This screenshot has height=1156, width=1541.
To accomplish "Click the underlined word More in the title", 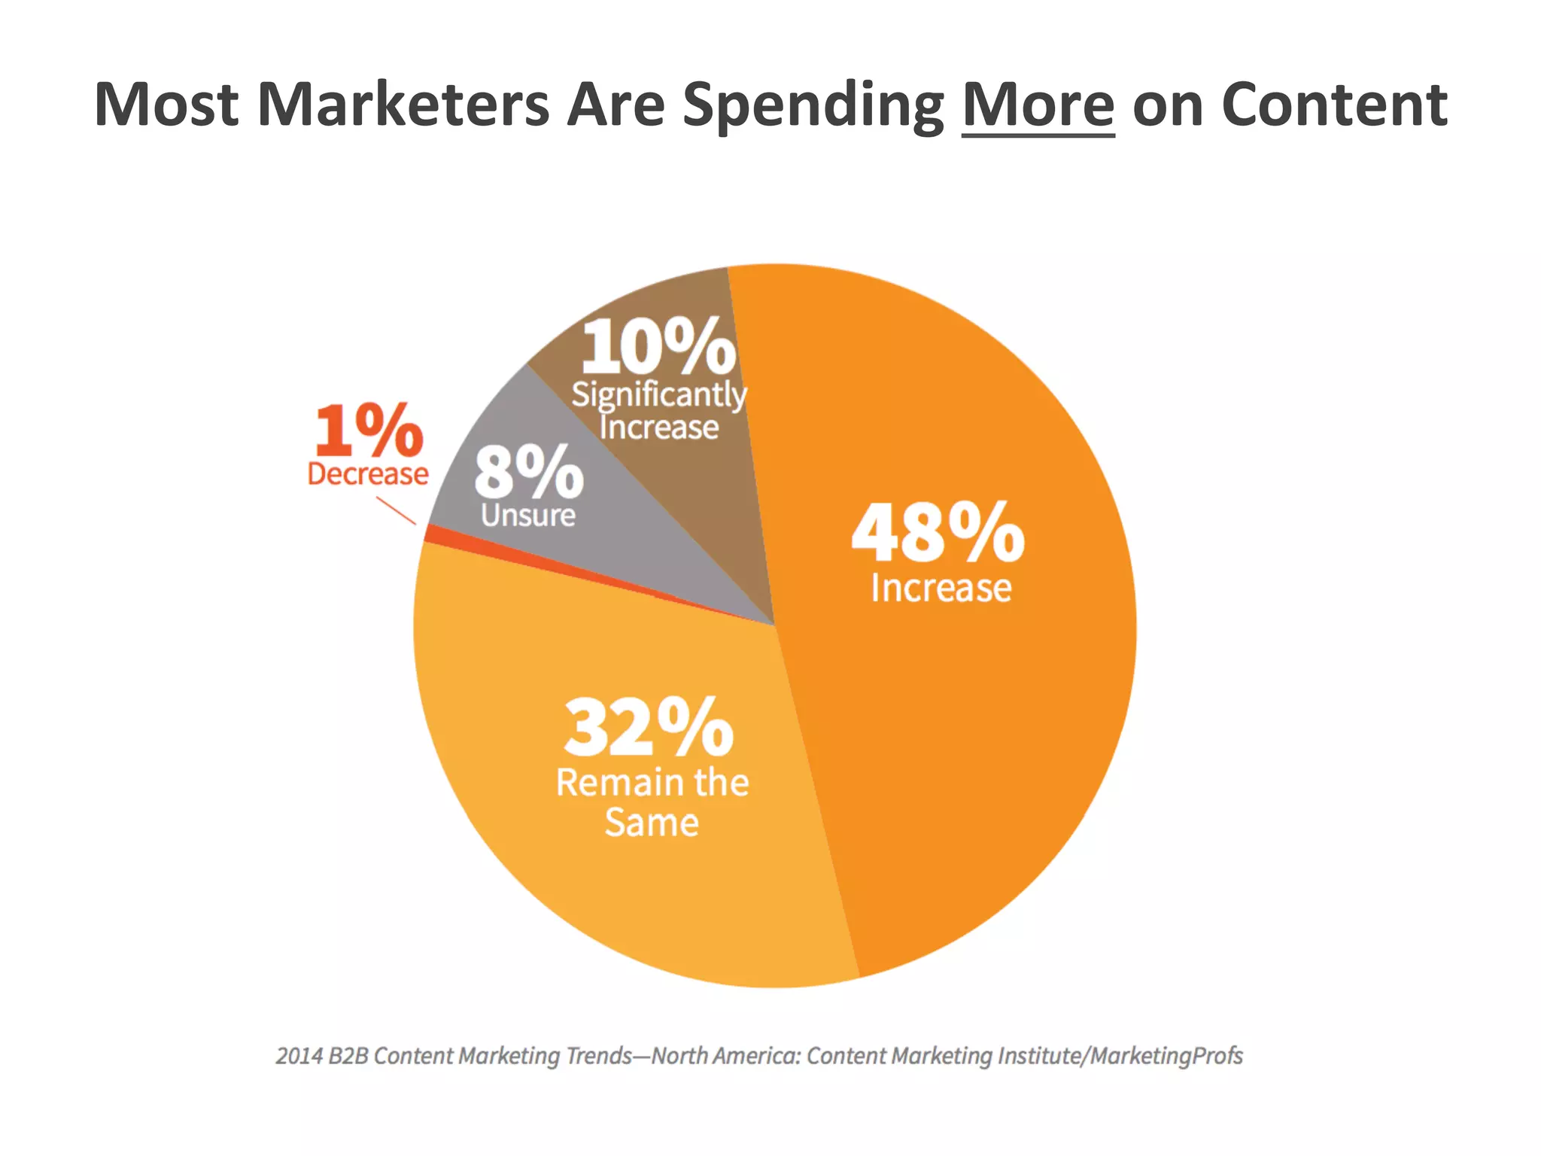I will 1038,105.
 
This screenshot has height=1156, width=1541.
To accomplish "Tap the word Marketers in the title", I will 403,105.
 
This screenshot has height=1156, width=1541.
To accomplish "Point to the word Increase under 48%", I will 941,589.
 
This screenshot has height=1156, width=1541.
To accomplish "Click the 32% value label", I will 649,727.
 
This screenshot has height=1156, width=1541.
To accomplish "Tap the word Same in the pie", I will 652,822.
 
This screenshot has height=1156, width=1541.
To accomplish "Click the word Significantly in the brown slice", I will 658,394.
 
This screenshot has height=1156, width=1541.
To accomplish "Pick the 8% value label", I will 528,473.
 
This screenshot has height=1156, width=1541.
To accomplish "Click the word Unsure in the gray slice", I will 528,516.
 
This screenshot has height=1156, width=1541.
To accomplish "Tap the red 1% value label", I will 369,430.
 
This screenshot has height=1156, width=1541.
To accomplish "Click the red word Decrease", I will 368,474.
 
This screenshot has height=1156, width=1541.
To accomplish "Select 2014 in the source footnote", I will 299,1057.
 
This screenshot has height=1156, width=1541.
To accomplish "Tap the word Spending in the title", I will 813,105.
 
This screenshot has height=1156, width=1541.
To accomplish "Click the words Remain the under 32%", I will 652,783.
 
